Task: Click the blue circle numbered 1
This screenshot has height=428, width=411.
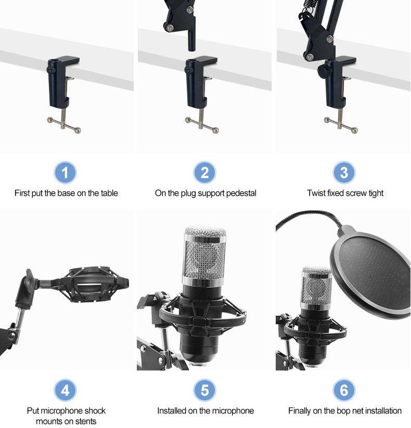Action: (66, 172)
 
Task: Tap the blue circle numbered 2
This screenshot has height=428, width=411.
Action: (205, 172)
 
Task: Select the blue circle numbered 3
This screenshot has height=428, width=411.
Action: (344, 172)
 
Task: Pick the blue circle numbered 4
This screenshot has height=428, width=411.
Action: (66, 390)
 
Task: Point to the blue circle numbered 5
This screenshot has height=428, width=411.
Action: (205, 390)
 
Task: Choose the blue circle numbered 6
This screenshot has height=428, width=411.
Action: (344, 390)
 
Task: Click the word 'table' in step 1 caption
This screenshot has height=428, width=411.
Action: (108, 193)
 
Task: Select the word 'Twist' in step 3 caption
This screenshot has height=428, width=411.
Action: (316, 193)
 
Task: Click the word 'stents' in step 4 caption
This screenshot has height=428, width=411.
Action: (85, 421)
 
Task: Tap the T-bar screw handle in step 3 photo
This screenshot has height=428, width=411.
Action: (342, 121)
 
